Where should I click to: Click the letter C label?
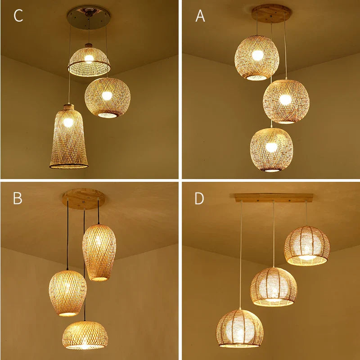click(x=18, y=16)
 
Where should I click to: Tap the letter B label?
click(x=18, y=198)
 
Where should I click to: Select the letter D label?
click(x=199, y=198)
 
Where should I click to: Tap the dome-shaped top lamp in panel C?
click(x=89, y=60)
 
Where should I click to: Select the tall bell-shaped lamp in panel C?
click(x=69, y=137)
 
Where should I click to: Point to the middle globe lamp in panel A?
click(x=286, y=101)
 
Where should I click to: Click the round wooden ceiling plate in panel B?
click(x=83, y=198)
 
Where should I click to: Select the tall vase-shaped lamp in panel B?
click(x=99, y=252)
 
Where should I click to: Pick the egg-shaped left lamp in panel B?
click(x=67, y=292)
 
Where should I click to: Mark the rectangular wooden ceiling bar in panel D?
click(x=274, y=197)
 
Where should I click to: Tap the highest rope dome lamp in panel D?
click(x=307, y=246)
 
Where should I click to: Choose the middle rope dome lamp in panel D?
click(x=274, y=287)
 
